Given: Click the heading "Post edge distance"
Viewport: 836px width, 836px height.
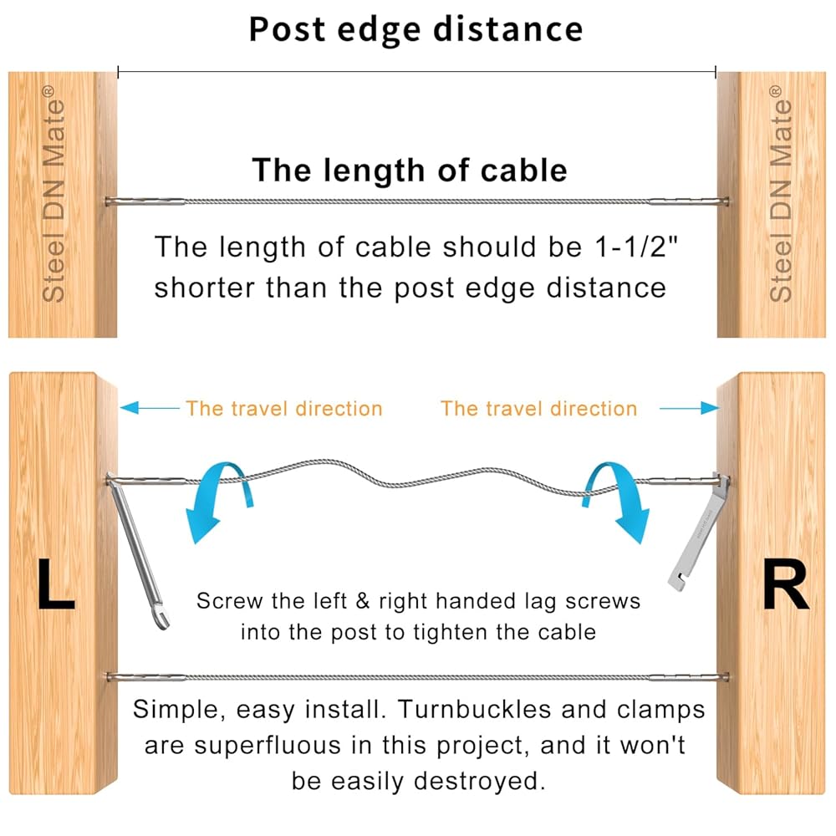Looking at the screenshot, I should tap(415, 30).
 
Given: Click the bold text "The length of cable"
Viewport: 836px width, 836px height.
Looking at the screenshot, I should tap(410, 171).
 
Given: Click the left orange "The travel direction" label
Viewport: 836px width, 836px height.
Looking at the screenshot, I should tap(284, 409).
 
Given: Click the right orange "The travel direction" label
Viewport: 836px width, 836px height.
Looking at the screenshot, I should tap(538, 409).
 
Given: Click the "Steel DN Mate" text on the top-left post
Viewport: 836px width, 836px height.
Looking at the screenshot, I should tap(54, 201).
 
